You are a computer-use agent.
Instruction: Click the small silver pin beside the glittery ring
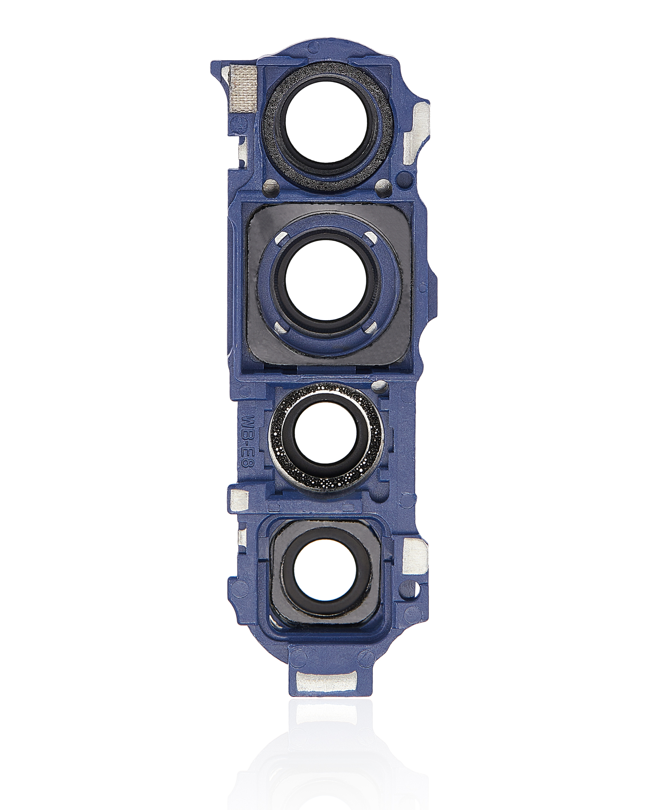point(380,385)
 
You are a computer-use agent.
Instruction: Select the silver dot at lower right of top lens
point(382,185)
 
